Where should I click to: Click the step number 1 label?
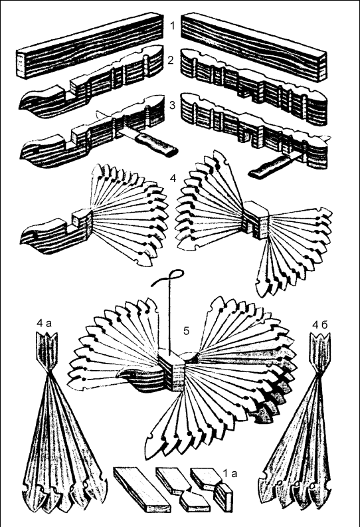(173, 26)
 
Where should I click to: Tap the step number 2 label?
(171, 60)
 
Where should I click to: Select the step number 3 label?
(172, 105)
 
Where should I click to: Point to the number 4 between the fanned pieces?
(173, 178)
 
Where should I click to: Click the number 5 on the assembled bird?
(186, 331)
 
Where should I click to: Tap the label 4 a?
(44, 324)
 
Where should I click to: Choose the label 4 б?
(319, 324)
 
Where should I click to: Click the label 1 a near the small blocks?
(230, 474)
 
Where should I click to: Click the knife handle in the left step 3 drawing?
(158, 144)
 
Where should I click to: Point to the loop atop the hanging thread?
(175, 275)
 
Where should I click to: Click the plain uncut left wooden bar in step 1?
(90, 45)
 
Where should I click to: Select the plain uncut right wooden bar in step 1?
(254, 47)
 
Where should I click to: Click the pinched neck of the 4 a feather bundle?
(49, 371)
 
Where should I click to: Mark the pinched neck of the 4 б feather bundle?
(319, 373)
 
